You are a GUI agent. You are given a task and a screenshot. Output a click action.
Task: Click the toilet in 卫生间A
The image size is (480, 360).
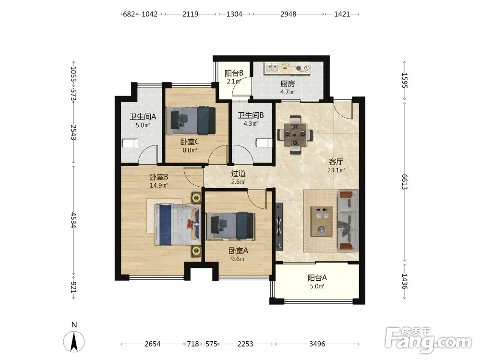pyautogui.click(x=131, y=144)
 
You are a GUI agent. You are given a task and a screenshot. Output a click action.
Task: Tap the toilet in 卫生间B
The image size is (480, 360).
pyautogui.click(x=264, y=143)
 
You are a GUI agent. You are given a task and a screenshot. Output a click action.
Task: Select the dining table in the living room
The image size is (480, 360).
pyautogui.click(x=295, y=134)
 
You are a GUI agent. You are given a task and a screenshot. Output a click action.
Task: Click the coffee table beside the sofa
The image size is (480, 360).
pyautogui.click(x=322, y=221)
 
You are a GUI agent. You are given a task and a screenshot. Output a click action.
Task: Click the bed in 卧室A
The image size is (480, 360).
pyautogui.click(x=230, y=226)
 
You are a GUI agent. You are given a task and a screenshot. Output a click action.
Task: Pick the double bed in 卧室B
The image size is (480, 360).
pyautogui.click(x=177, y=224)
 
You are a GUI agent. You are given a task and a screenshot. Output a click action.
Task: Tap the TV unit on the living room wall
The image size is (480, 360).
pyautogui.click(x=279, y=226)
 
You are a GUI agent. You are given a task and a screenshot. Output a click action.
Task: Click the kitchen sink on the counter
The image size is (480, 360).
pyautogui.click(x=272, y=68)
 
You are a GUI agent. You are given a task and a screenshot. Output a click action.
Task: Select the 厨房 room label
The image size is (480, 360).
pyautogui.click(x=288, y=83)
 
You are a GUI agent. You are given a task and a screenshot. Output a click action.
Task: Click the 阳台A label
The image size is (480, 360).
pyautogui.click(x=317, y=277)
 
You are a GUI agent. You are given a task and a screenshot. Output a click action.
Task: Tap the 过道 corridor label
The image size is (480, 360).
pyautogui.click(x=238, y=174)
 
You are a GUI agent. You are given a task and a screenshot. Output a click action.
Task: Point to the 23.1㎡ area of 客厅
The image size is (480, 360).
pyautogui.click(x=336, y=170)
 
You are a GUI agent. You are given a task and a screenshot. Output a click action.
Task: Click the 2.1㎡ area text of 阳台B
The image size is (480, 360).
pyautogui.click(x=234, y=82)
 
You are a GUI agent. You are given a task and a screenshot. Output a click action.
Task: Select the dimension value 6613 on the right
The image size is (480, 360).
pyautogui.click(x=405, y=182)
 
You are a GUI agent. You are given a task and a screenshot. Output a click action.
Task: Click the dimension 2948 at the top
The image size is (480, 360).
pyautogui.click(x=288, y=14)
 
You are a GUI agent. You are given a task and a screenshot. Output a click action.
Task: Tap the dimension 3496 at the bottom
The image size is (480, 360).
pyautogui.click(x=317, y=344)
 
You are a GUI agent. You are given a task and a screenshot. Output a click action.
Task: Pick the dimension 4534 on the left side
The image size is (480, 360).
pyautogui.click(x=73, y=220)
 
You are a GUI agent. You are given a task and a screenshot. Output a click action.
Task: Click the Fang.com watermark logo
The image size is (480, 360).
pyautogui.click(x=428, y=340)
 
